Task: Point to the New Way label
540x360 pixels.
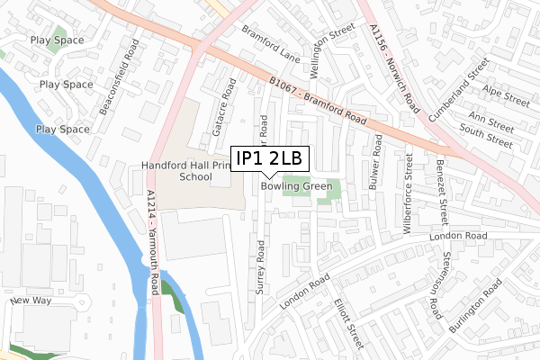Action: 33,301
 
